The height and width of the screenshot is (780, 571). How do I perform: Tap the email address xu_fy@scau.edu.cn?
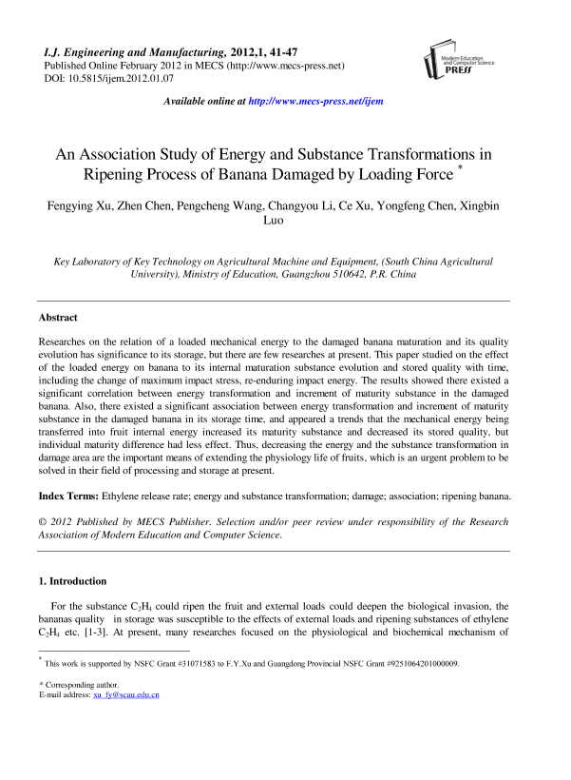(x=125, y=695)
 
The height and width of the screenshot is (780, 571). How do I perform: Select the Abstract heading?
(x=57, y=318)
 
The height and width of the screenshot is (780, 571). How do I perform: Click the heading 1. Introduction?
(x=72, y=581)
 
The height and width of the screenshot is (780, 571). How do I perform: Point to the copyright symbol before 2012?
(x=43, y=522)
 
